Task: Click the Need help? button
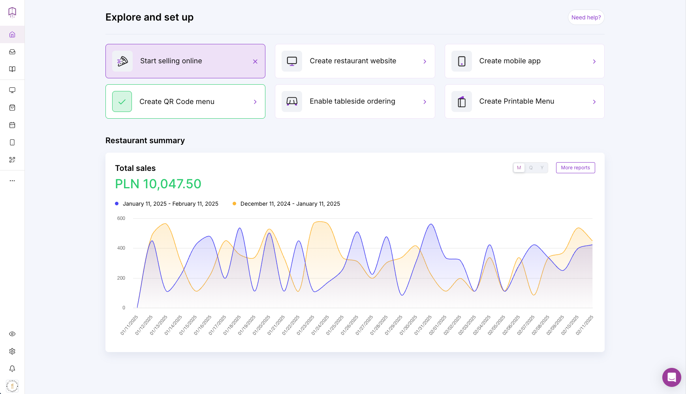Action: (586, 17)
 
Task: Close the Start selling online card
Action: (255, 61)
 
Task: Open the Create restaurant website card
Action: (355, 61)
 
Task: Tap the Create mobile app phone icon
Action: (462, 61)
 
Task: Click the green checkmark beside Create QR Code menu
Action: (122, 102)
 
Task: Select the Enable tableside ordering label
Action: (352, 101)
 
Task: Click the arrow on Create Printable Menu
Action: (594, 102)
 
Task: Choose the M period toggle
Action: (519, 168)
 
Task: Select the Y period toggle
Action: (542, 168)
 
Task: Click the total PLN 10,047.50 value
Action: (158, 184)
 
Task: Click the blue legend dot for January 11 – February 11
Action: (117, 204)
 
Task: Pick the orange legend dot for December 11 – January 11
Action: (234, 204)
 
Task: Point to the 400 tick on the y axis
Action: (121, 248)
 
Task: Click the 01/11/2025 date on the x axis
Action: (129, 325)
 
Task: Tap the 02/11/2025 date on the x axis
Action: (585, 325)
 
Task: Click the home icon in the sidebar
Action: (12, 34)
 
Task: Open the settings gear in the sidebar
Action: (12, 351)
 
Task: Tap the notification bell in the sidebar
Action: (12, 369)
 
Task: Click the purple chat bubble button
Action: (672, 377)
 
